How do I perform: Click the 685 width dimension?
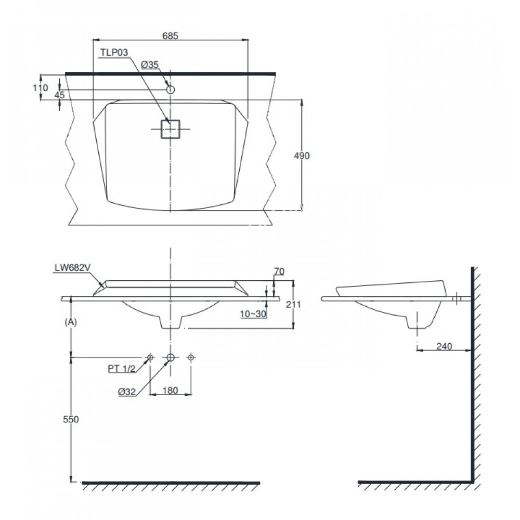(171, 36)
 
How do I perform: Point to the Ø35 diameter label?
(150, 64)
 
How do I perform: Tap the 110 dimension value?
(41, 88)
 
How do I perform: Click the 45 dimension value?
(59, 95)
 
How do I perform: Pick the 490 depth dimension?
(301, 156)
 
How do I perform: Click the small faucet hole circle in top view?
(170, 89)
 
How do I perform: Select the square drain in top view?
(170, 129)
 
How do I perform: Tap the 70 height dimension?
(279, 270)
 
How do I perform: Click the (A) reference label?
(71, 322)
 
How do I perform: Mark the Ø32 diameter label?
(127, 393)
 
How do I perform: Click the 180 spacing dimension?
(171, 389)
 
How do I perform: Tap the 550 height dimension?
(71, 420)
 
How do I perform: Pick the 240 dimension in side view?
(445, 346)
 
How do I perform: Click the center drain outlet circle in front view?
(170, 357)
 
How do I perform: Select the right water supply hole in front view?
(191, 357)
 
